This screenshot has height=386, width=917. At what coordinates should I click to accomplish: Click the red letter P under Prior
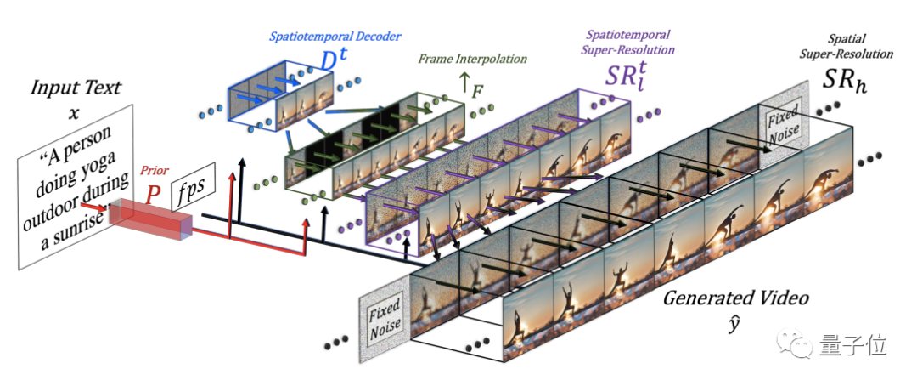[153, 194]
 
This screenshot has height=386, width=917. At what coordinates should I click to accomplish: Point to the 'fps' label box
[192, 192]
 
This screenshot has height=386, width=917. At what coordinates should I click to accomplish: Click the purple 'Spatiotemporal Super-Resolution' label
[629, 43]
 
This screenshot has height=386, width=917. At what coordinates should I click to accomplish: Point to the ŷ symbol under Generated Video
[735, 322]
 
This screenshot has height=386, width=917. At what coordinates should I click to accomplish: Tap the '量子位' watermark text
[852, 344]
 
